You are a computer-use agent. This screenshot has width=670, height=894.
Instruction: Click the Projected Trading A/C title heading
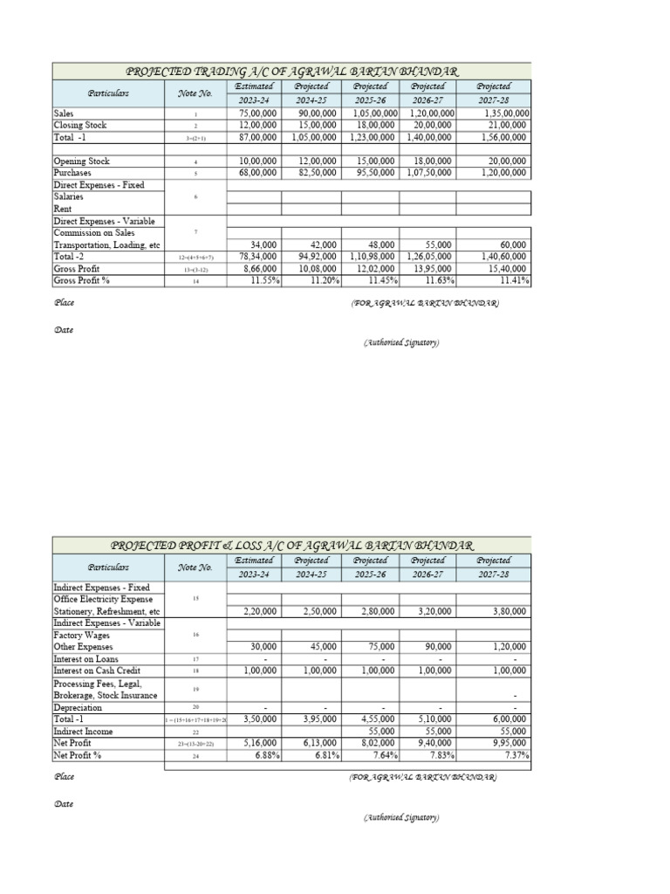click(291, 71)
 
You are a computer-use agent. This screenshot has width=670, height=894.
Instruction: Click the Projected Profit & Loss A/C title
click(291, 545)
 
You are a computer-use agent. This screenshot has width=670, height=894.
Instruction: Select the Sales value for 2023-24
click(257, 114)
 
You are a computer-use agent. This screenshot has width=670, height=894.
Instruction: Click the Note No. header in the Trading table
click(195, 93)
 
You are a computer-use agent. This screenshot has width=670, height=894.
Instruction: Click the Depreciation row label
click(78, 707)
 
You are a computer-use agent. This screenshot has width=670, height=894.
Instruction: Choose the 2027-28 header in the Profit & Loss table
click(494, 574)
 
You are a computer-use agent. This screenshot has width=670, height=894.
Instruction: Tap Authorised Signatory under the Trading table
click(401, 343)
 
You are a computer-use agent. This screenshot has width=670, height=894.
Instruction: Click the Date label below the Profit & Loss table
click(63, 804)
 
